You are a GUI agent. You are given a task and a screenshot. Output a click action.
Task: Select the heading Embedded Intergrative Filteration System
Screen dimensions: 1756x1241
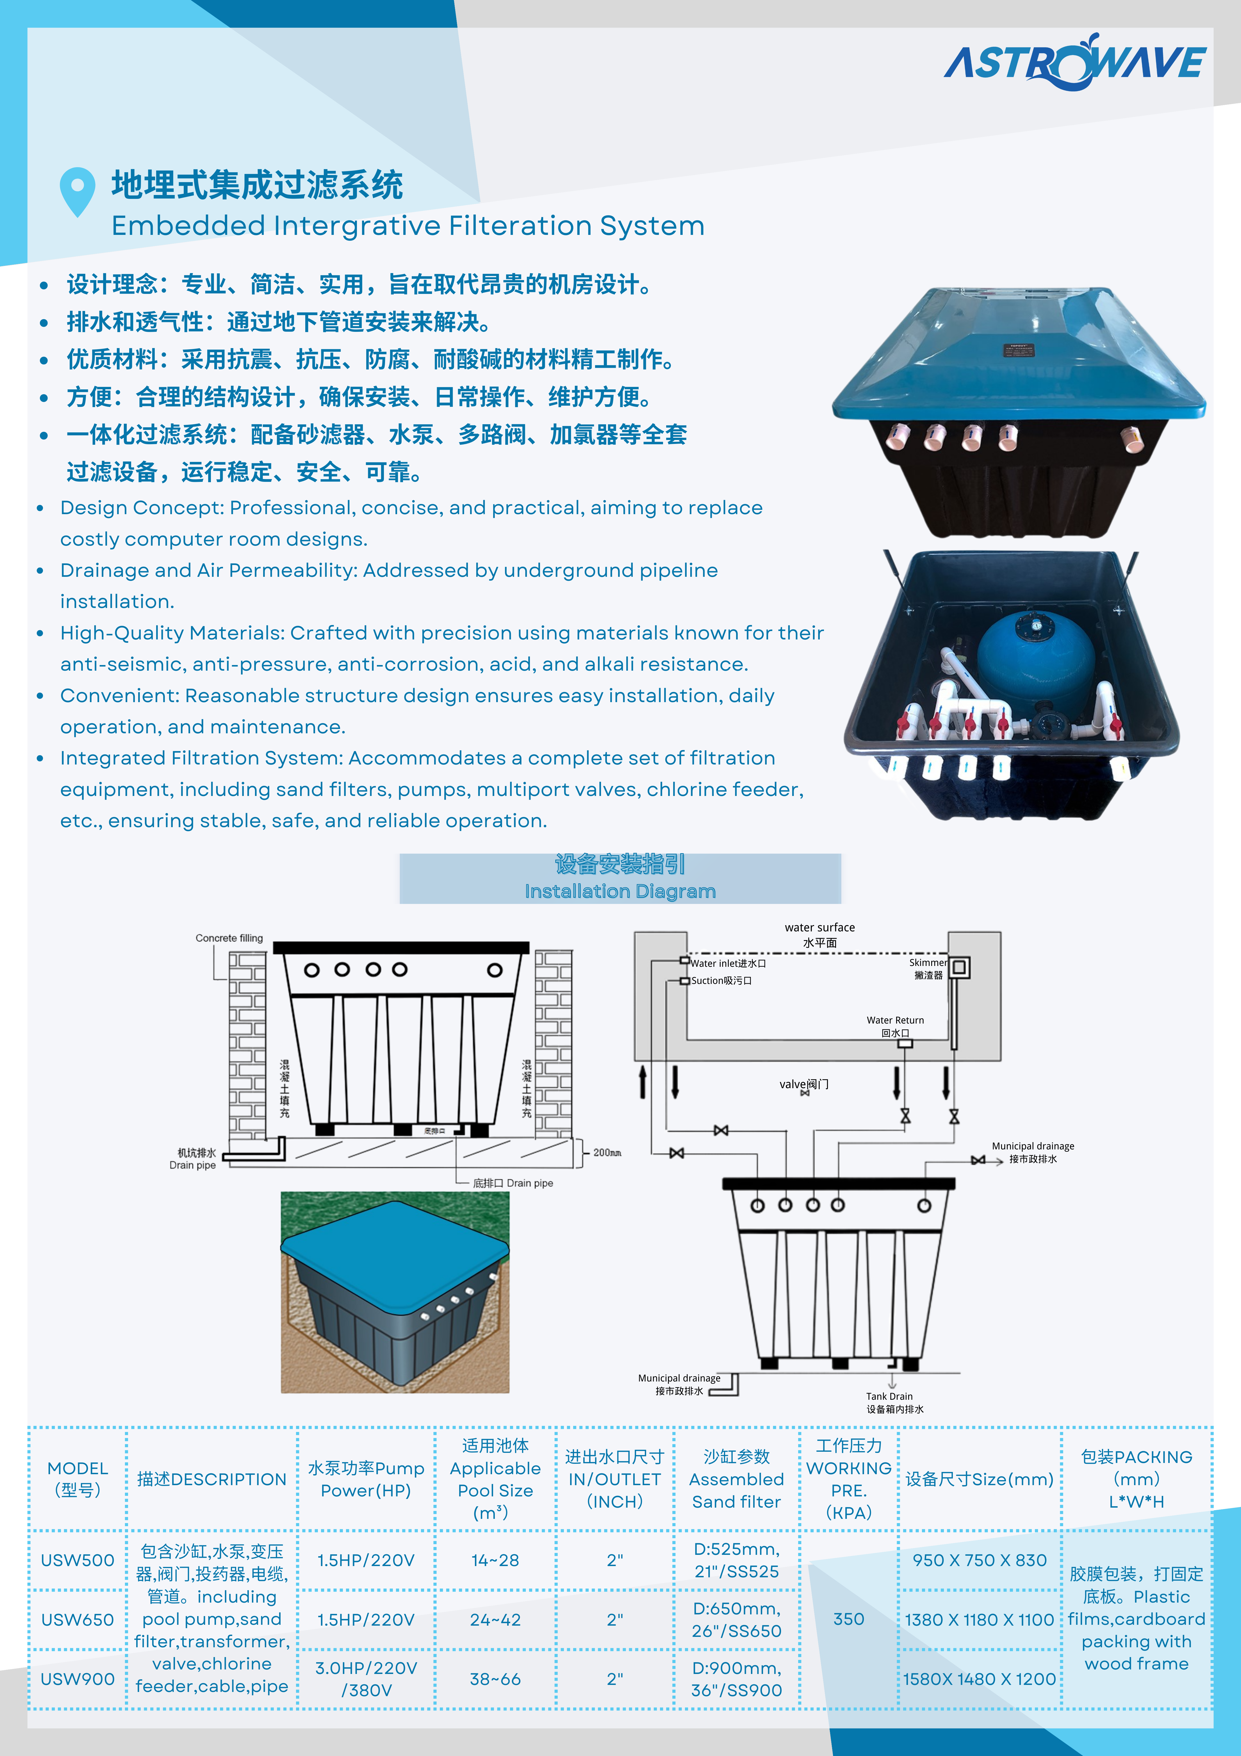[x=407, y=226]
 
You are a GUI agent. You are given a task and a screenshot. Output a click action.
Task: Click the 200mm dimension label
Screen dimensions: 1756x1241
[x=607, y=1152]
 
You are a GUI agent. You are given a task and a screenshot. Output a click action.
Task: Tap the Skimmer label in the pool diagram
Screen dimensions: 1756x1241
[x=928, y=968]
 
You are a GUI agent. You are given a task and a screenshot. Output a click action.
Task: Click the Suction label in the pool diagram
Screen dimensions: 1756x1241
[x=721, y=981]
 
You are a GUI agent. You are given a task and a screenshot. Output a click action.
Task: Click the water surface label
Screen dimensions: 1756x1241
[x=820, y=934]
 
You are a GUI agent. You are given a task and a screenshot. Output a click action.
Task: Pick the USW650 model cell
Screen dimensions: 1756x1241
[x=77, y=1619]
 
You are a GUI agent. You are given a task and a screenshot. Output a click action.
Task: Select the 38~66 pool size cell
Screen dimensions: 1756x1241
[x=495, y=1679]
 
